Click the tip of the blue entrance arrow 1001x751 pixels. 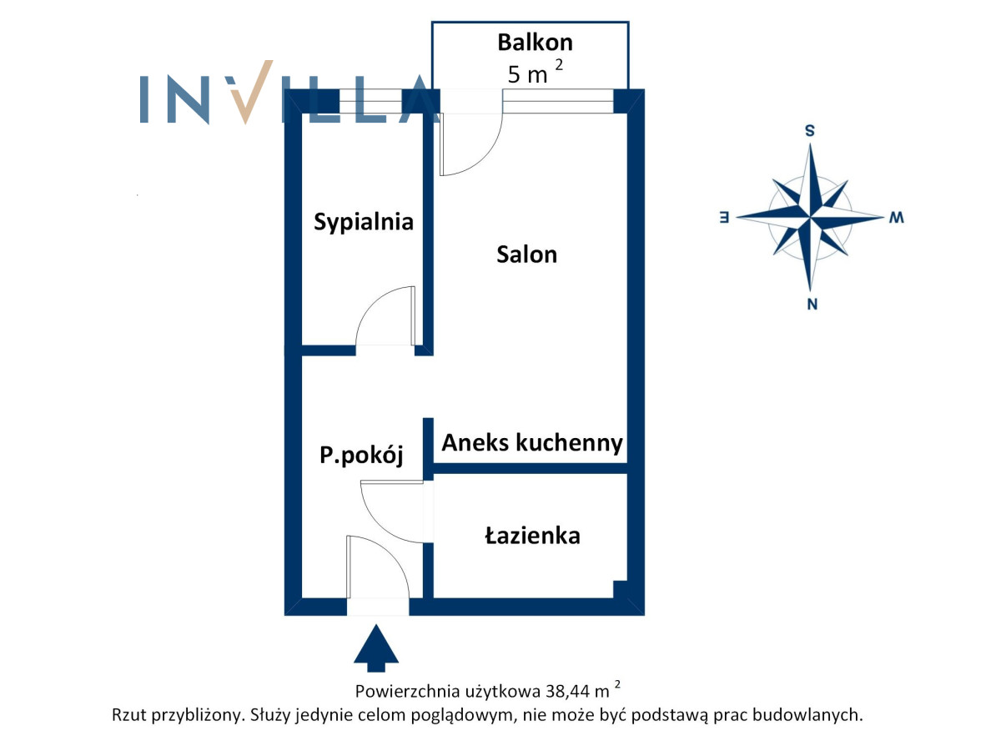pyautogui.click(x=375, y=625)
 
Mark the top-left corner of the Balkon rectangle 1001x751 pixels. pyautogui.click(x=432, y=22)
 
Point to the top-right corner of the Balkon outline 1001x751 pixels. pyautogui.click(x=629, y=22)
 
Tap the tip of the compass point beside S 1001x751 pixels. pyautogui.click(x=810, y=144)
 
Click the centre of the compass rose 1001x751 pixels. pyautogui.click(x=810, y=217)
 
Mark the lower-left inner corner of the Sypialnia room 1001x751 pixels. pyautogui.click(x=302, y=345)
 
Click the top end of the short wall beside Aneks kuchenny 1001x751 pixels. pyautogui.click(x=428, y=418)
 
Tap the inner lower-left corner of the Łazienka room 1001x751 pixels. pyautogui.click(x=433, y=597)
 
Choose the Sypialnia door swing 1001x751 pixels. pyautogui.click(x=385, y=315)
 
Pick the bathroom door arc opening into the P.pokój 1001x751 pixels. pyautogui.click(x=392, y=512)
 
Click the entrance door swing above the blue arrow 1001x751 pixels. pyautogui.click(x=378, y=567)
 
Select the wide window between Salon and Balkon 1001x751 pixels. pyautogui.click(x=558, y=101)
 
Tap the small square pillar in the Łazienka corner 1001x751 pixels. pyautogui.click(x=621, y=589)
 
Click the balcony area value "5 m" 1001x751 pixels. pyautogui.click(x=527, y=74)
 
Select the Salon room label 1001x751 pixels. pyautogui.click(x=526, y=255)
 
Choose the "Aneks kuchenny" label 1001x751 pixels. pyautogui.click(x=532, y=443)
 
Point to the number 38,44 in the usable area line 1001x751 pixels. pyautogui.click(x=567, y=692)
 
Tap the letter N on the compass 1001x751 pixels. pyautogui.click(x=812, y=304)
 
